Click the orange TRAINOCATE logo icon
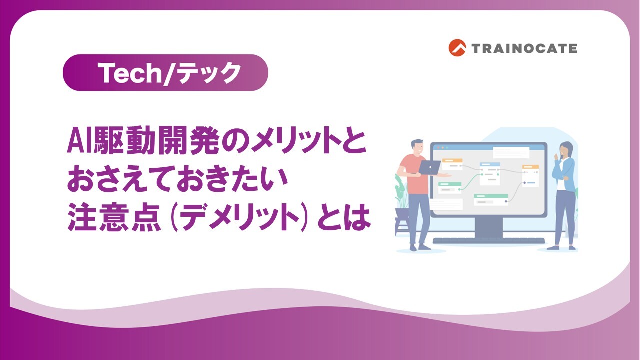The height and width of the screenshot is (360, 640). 457,48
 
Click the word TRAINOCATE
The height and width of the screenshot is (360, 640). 524,48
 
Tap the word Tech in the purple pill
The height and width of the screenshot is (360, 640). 130,73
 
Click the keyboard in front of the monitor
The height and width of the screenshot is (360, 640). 488,241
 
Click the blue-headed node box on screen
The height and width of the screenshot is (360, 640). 489,170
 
